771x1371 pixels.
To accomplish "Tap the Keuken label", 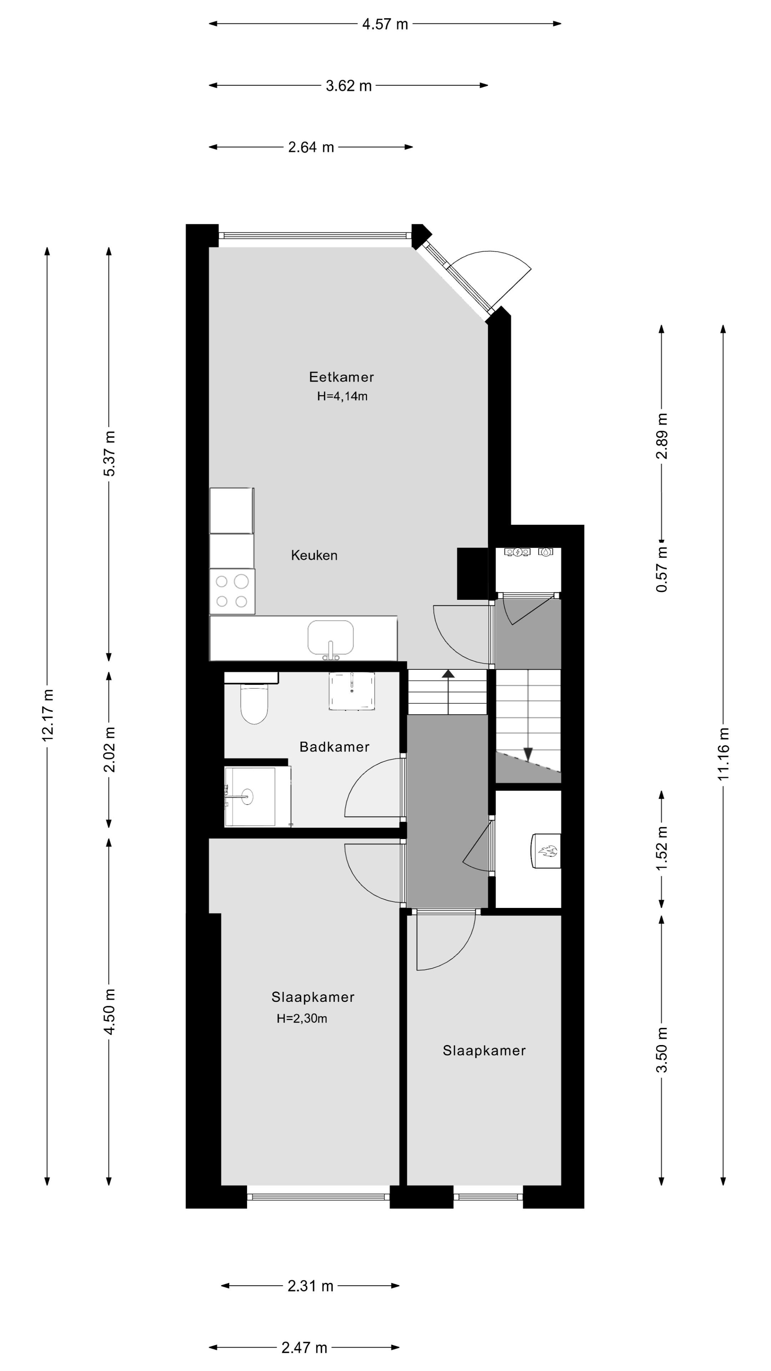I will coord(314,555).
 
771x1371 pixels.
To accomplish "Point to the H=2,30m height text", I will coord(302,1018).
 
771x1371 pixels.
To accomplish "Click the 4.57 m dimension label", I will coord(385,24).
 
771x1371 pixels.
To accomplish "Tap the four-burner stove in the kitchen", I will coord(232,591).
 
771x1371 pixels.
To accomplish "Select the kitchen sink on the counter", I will coord(331,638).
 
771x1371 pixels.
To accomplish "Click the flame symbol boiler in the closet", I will coord(547,851).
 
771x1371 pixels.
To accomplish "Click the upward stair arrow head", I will coord(449,674).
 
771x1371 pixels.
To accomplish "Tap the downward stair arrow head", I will coord(528,754).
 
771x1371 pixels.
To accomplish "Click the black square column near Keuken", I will coord(472,573).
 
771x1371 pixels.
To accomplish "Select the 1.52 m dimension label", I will coord(661,849).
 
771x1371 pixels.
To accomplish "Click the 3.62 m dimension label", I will coord(348,86).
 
